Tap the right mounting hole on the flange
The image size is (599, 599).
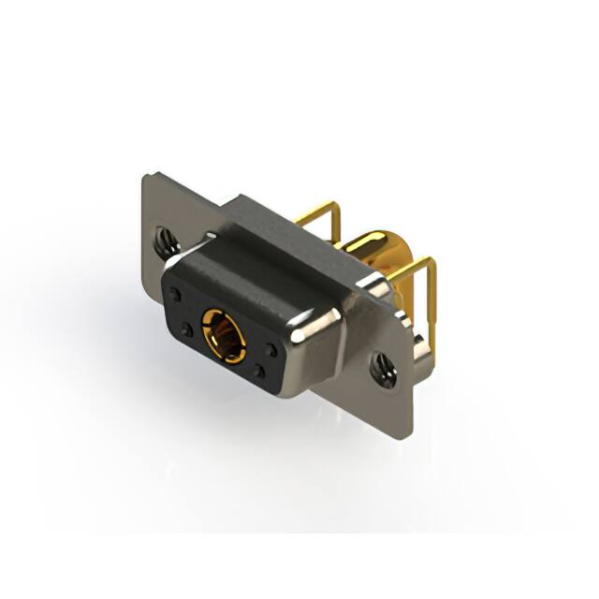click(x=381, y=370)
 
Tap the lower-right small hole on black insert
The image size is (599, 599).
click(x=259, y=372)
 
